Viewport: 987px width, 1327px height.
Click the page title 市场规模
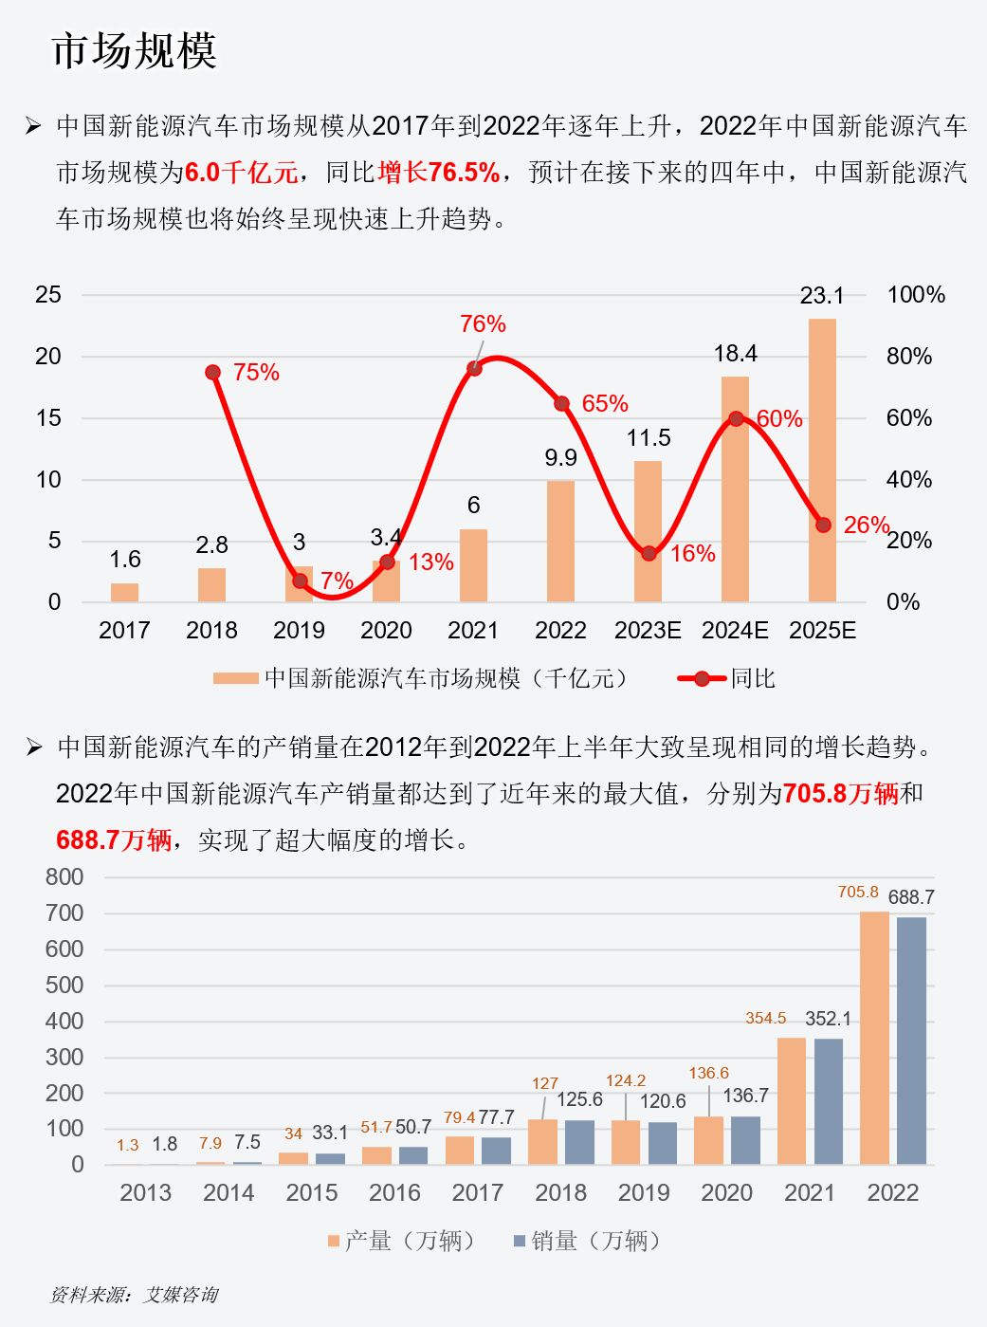pyautogui.click(x=134, y=51)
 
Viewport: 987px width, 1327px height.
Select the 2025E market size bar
pyautogui.click(x=822, y=460)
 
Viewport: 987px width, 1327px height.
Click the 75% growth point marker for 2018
pyautogui.click(x=213, y=372)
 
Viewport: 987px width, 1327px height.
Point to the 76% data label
pyautogui.click(x=483, y=324)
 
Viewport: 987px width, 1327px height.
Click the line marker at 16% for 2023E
pyautogui.click(x=649, y=553)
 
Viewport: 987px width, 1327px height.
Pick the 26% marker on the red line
pyautogui.click(x=823, y=525)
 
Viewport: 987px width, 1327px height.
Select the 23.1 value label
pyautogui.click(x=822, y=296)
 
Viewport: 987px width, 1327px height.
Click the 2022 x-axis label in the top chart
pyautogui.click(x=560, y=631)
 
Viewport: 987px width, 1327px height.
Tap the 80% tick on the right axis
pyautogui.click(x=908, y=357)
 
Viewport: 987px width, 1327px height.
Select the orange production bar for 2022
pyautogui.click(x=874, y=1038)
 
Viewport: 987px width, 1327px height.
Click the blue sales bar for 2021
pyautogui.click(x=829, y=1100)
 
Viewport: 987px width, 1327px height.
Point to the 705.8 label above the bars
pyautogui.click(x=857, y=893)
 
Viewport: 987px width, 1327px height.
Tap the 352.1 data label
pyautogui.click(x=828, y=1019)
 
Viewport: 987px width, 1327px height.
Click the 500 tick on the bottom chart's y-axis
pyautogui.click(x=64, y=986)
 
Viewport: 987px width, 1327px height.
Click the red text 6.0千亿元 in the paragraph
pyautogui.click(x=241, y=173)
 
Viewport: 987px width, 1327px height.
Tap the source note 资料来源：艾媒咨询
pyautogui.click(x=134, y=1295)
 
